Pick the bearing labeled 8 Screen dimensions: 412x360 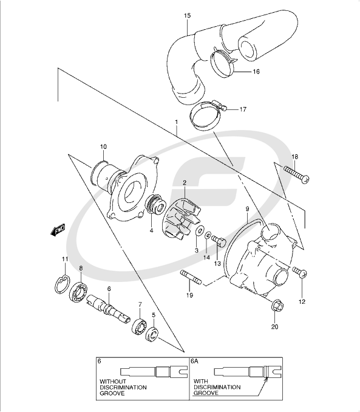80,292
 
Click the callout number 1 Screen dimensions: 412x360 175,122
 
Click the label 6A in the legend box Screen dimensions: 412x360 195,361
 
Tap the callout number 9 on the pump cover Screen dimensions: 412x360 247,209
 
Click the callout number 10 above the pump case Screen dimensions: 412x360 104,146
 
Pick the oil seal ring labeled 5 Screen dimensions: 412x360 152,334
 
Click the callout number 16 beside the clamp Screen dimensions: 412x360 256,71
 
